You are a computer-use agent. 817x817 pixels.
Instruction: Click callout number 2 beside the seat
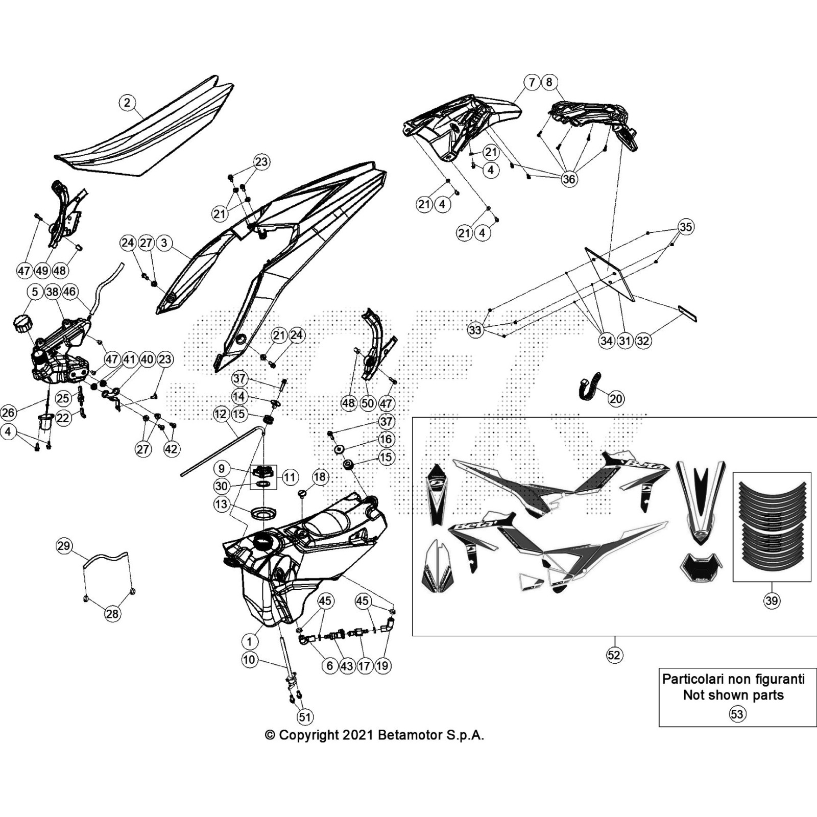point(127,103)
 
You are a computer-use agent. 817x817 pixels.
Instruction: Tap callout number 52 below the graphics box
point(614,655)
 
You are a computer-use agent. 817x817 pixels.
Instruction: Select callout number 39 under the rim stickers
point(772,600)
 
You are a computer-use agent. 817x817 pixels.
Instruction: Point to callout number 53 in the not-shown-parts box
point(737,713)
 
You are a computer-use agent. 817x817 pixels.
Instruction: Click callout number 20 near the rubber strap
point(616,398)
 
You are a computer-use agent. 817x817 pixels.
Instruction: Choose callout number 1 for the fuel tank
point(249,642)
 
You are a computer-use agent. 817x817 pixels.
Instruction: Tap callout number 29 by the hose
point(64,546)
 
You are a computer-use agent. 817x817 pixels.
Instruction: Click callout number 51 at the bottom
point(305,717)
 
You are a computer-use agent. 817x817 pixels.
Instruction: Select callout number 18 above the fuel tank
point(320,477)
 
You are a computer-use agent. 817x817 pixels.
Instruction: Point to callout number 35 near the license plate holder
point(686,227)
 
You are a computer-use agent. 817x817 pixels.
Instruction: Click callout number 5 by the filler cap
point(35,292)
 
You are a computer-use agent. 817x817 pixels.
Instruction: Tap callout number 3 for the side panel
point(164,243)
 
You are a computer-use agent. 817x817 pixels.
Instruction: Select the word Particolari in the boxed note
point(692,679)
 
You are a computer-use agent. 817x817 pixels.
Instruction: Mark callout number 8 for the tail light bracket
point(549,82)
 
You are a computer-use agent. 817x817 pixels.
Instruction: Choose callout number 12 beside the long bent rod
point(221,414)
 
